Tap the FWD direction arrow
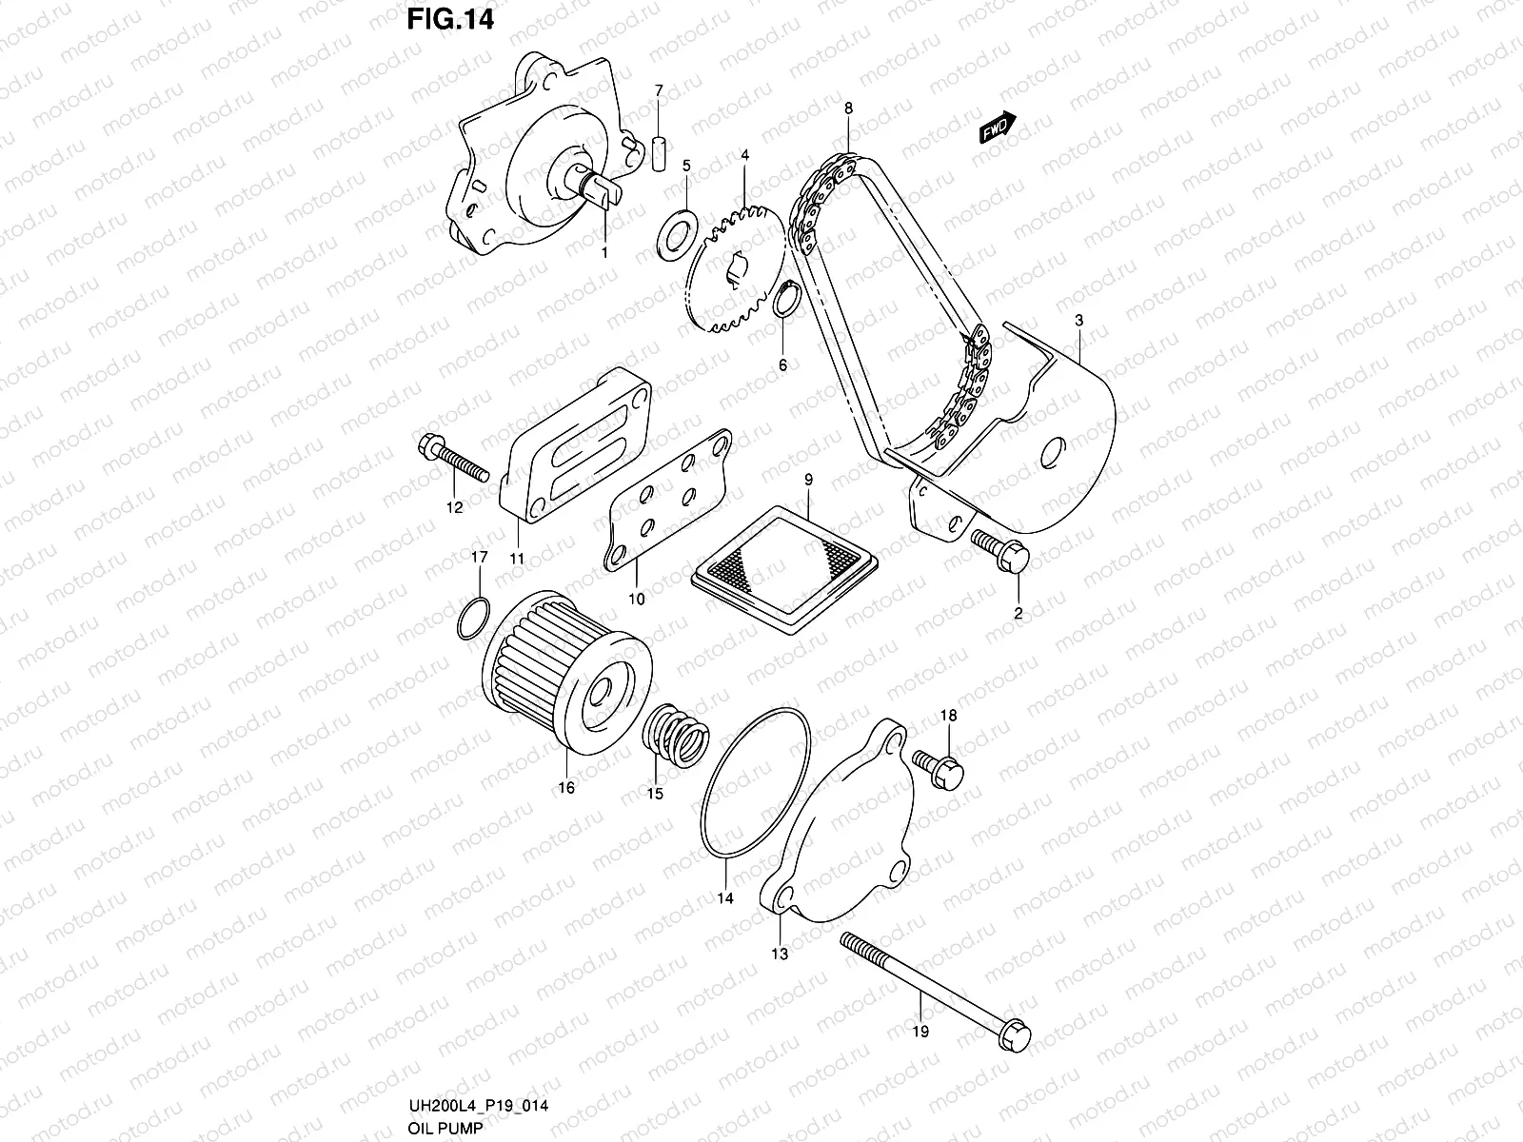pos(997,128)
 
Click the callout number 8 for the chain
pos(847,108)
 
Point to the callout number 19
pos(921,1030)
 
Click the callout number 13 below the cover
pos(780,954)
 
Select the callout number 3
pos(1078,321)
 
